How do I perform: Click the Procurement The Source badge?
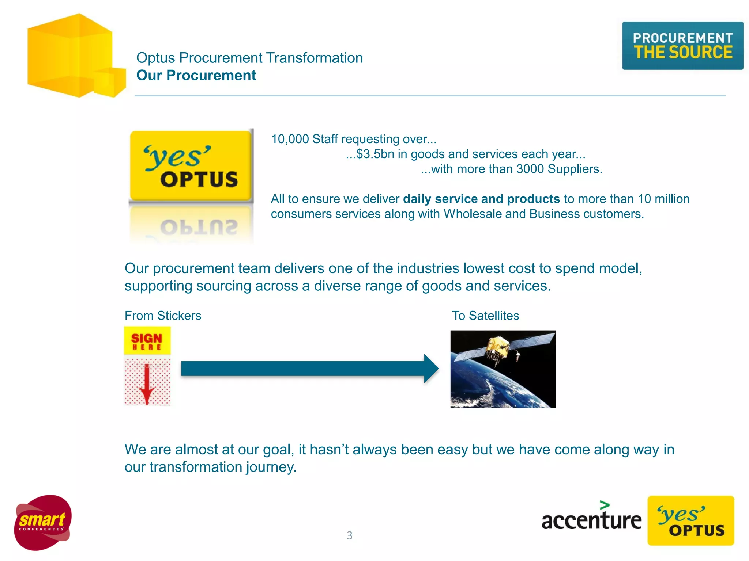coord(682,46)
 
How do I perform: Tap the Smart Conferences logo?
coord(43,523)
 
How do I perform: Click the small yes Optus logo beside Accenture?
coord(690,520)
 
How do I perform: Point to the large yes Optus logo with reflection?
coord(191,166)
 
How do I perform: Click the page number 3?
coord(350,535)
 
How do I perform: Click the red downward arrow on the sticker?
coord(147,385)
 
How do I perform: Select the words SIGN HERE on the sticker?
coord(147,341)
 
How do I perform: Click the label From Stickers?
coord(163,316)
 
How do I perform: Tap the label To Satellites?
coord(485,316)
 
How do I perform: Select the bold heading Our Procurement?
coord(196,75)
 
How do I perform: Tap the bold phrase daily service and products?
coord(481,199)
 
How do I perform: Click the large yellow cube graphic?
coord(69,55)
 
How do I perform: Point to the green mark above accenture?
coord(605,505)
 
